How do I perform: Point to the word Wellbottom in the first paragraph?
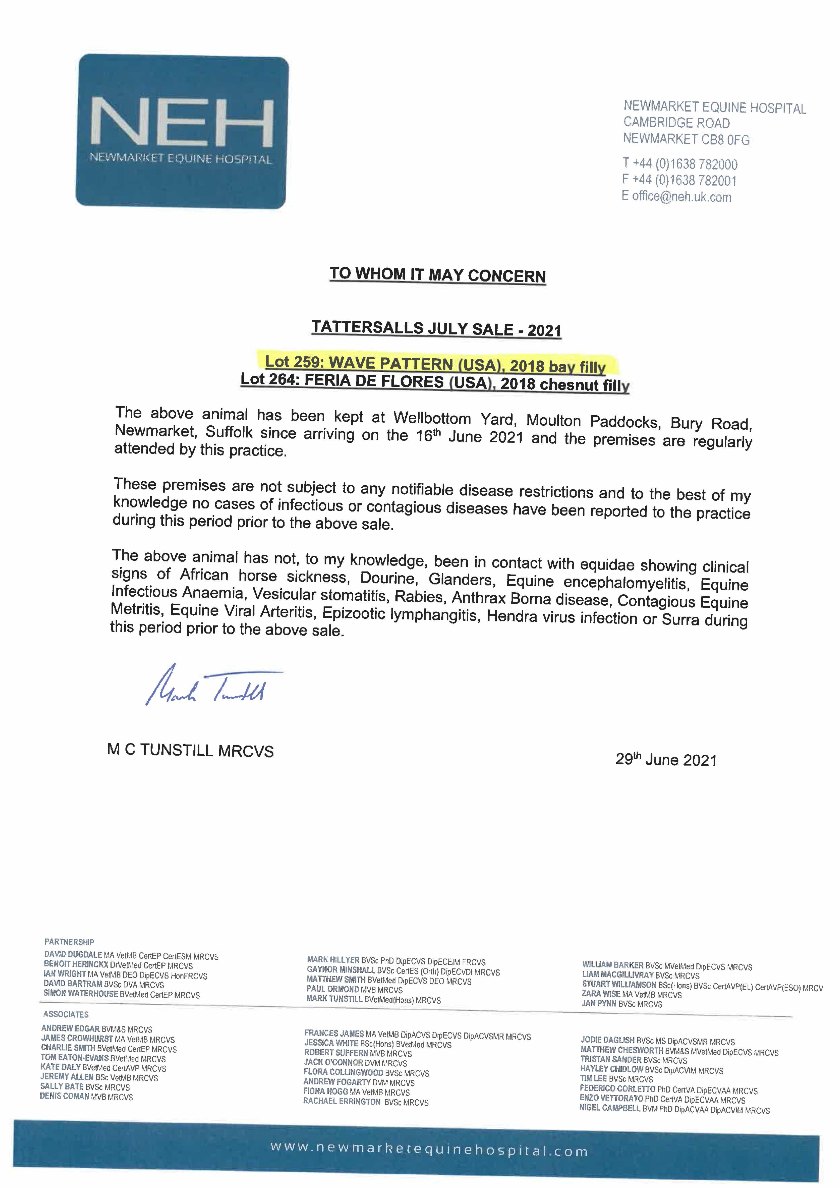432,417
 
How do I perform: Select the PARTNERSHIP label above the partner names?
69,942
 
